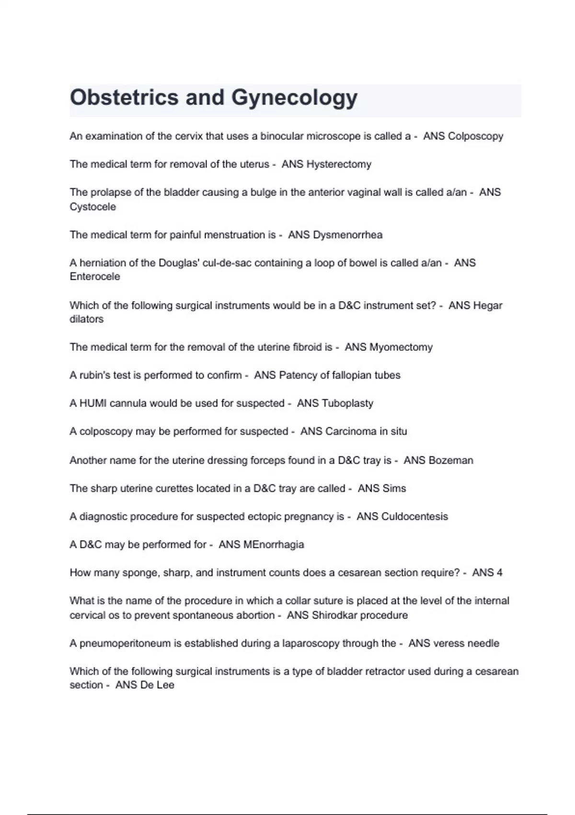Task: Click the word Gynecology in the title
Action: click(x=294, y=98)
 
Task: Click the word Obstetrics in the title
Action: click(x=124, y=98)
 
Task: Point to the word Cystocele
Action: click(x=92, y=207)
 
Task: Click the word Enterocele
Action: click(x=94, y=277)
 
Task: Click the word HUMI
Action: click(x=93, y=403)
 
